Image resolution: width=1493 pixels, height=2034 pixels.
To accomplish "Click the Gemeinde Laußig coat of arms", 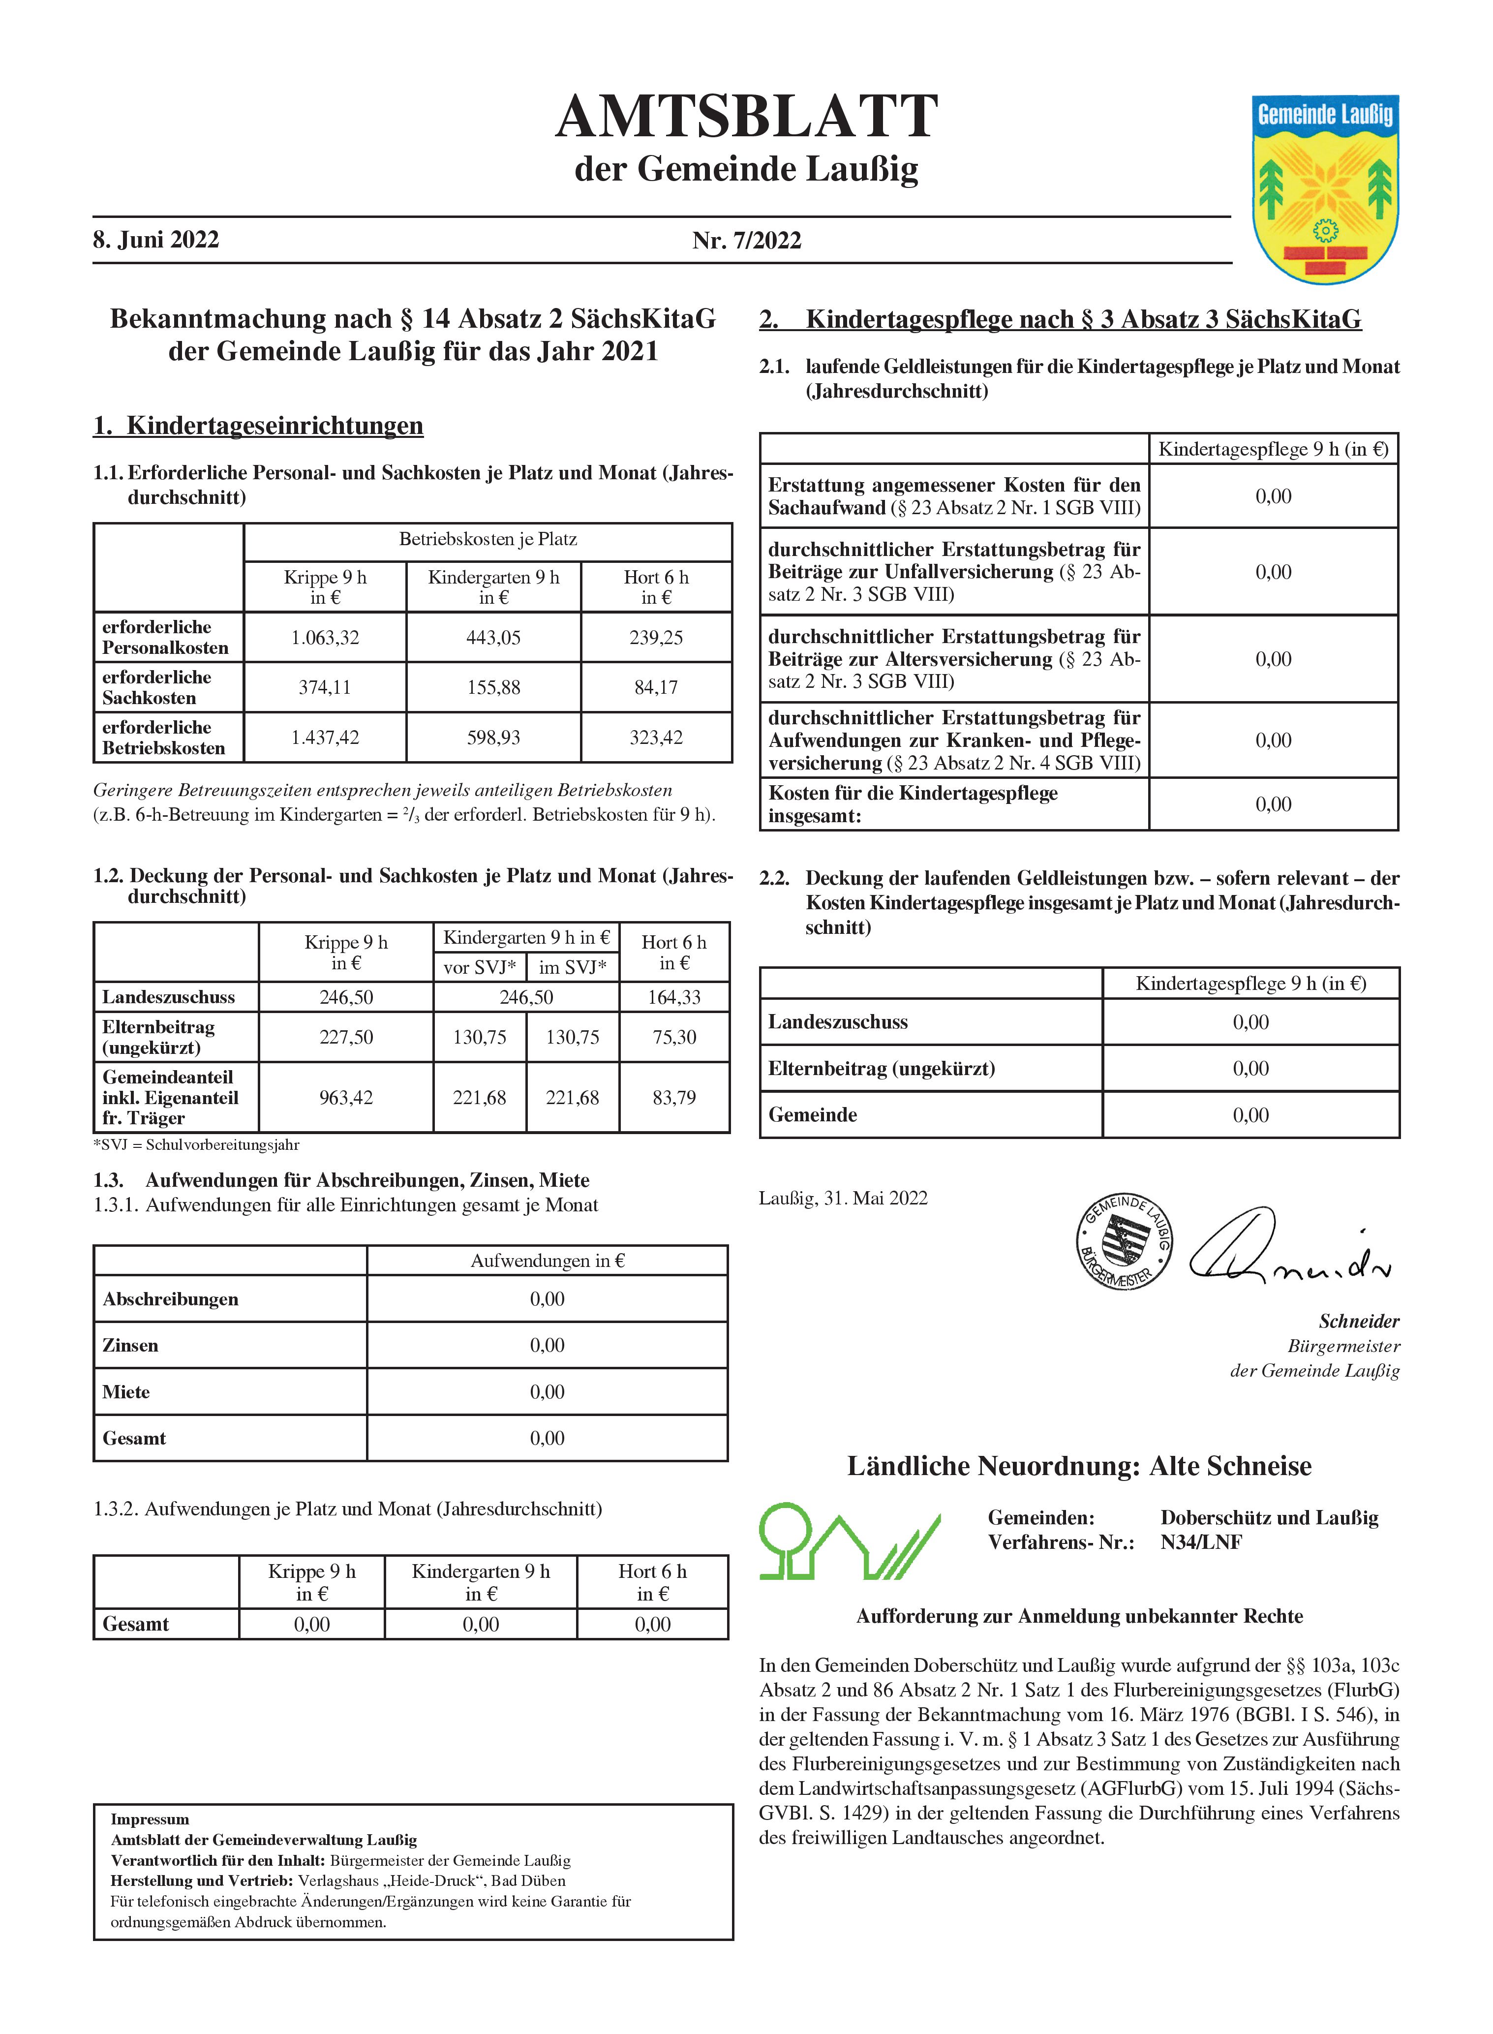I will [1325, 188].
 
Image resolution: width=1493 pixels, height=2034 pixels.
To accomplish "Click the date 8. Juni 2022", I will [155, 240].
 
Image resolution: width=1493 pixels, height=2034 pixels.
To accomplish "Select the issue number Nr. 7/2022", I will [747, 241].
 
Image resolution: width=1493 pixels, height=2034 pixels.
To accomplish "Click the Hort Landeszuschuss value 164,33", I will [674, 997].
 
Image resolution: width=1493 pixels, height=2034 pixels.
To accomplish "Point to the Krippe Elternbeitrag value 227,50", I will [346, 1037].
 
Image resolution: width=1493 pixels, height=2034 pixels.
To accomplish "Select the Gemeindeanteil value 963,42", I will [346, 1098].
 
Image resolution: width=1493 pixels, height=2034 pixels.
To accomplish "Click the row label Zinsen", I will [130, 1345].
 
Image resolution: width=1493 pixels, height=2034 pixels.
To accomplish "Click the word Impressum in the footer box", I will [150, 1819].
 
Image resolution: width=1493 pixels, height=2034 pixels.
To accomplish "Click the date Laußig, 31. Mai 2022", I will [843, 1199].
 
